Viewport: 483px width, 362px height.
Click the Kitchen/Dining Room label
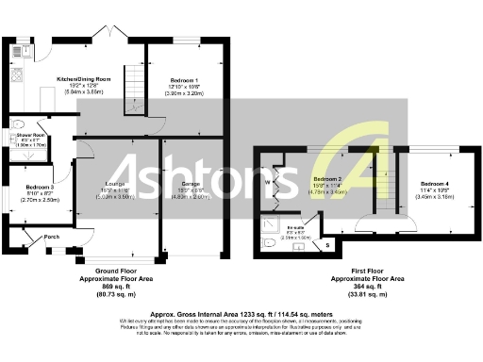pyautogui.click(x=84, y=79)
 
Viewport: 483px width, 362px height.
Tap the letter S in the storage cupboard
pyautogui.click(x=327, y=245)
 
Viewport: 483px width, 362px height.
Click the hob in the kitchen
pyautogui.click(x=16, y=77)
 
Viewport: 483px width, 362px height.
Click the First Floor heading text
pyautogui.click(x=367, y=271)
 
